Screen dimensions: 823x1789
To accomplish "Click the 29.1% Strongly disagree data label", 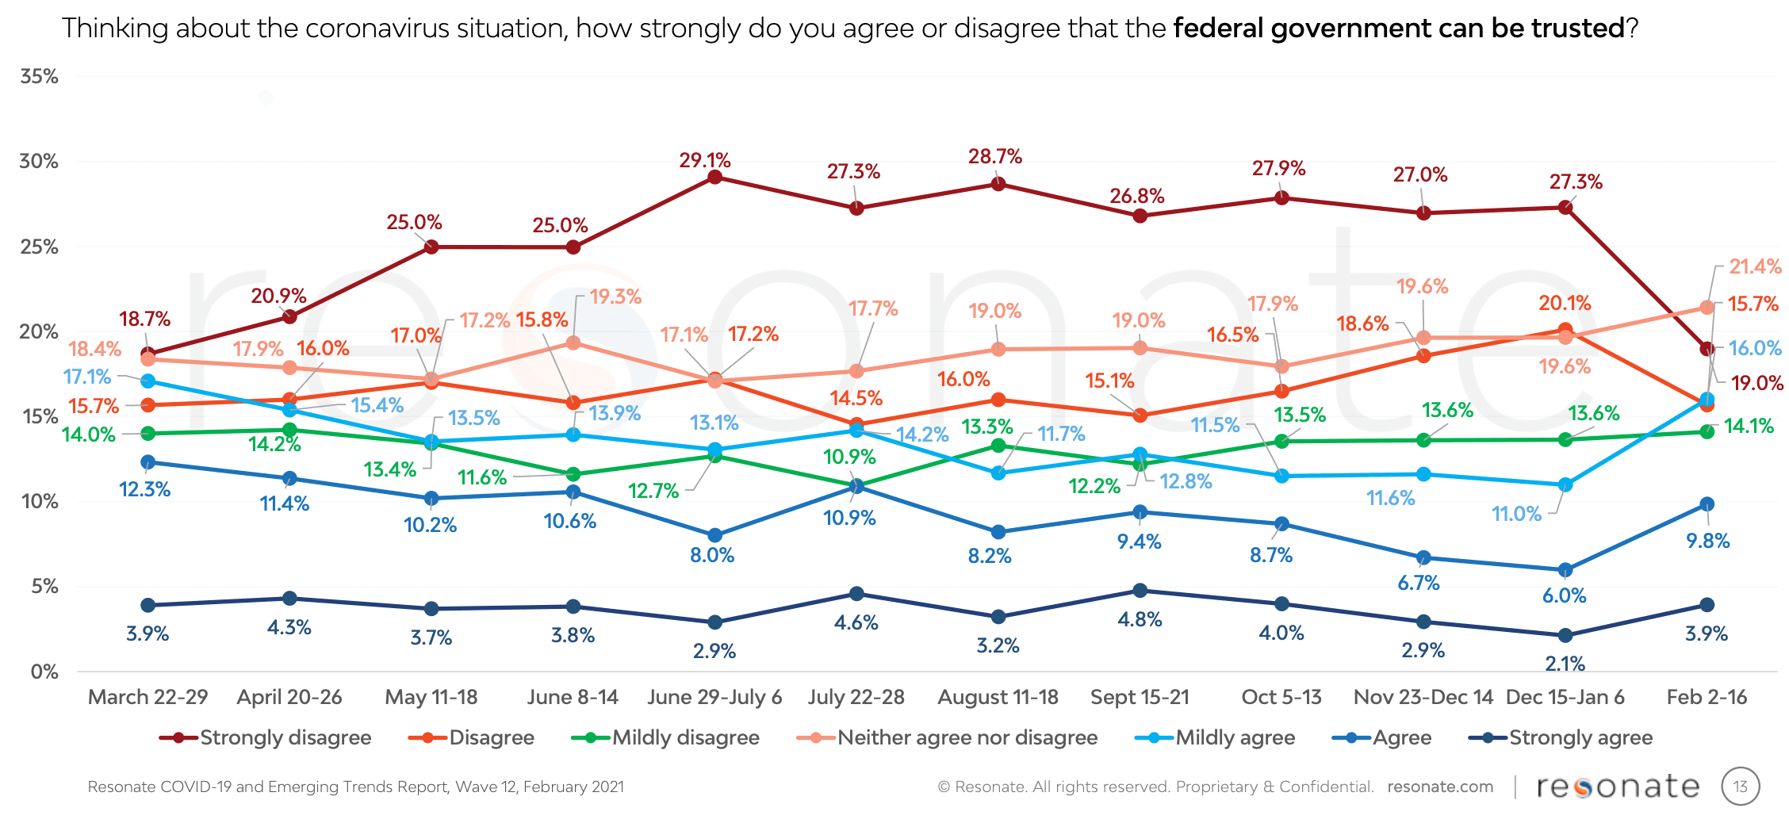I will pyautogui.click(x=704, y=160).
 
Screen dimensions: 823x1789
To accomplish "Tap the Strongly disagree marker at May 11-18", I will pyautogui.click(x=431, y=247).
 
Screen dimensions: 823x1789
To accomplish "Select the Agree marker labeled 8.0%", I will pyautogui.click(x=714, y=535).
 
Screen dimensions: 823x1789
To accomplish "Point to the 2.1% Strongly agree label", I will pyautogui.click(x=1565, y=663).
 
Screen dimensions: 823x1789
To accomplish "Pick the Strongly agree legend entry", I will pyautogui.click(x=1561, y=737).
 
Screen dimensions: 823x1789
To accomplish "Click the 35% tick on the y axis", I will pyautogui.click(x=40, y=77).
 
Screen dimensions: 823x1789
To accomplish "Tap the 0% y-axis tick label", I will pyautogui.click(x=44, y=672).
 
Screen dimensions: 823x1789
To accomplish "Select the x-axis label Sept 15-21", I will pyautogui.click(x=1140, y=697).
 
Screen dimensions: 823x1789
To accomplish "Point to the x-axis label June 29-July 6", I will pyautogui.click(x=714, y=697).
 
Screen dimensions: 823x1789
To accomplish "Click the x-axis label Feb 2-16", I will pyautogui.click(x=1707, y=697).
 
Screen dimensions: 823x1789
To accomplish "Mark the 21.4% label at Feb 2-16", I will pyautogui.click(x=1755, y=266).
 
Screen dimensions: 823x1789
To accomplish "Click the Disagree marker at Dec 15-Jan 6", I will pyautogui.click(x=1565, y=330).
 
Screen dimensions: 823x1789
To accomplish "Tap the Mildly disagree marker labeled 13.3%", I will pyautogui.click(x=998, y=446).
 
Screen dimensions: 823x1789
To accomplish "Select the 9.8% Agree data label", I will pyautogui.click(x=1707, y=541).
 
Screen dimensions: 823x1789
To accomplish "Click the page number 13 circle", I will pyautogui.click(x=1740, y=787).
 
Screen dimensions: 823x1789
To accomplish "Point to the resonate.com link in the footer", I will pyautogui.click(x=1440, y=787).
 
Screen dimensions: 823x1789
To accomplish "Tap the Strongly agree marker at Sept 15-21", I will pyautogui.click(x=1140, y=591).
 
